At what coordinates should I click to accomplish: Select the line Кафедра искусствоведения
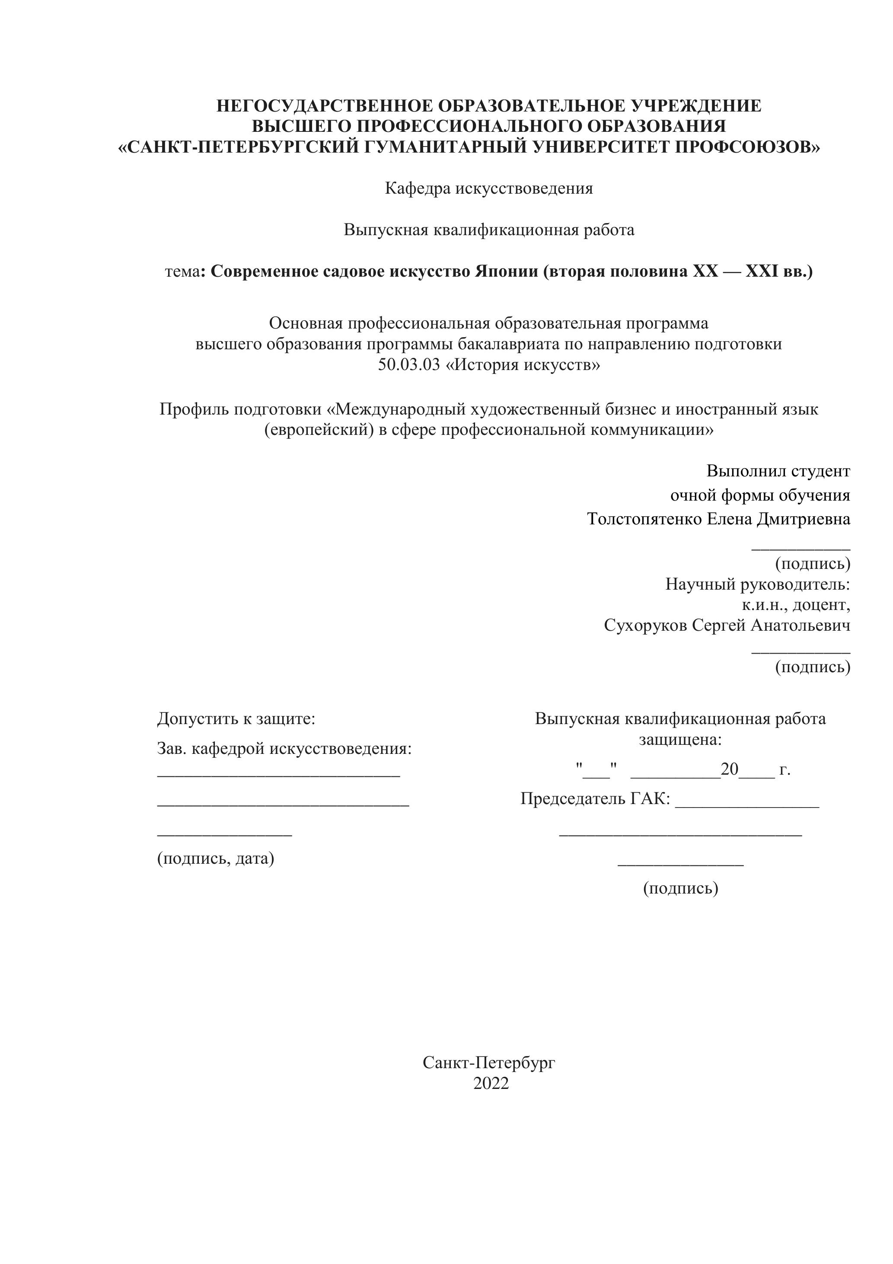(489, 188)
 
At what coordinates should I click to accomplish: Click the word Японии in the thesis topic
(506, 271)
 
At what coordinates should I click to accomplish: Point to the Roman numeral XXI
(761, 271)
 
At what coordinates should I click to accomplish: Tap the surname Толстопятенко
(645, 519)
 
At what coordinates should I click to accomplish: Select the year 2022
(491, 1083)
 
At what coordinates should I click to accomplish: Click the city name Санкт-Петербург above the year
(489, 1063)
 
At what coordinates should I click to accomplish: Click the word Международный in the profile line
(401, 409)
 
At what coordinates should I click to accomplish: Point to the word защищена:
(680, 739)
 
